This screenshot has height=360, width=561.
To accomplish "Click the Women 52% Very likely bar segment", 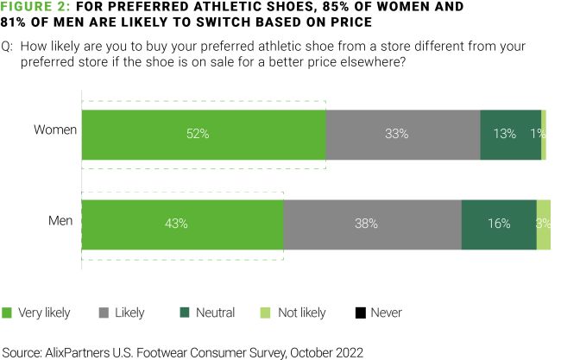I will click(204, 134).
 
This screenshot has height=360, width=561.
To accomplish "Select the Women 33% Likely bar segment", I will click(402, 134).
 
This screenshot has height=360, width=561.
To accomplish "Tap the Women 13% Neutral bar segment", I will click(509, 134).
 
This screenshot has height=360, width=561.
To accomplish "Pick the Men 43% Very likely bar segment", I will click(182, 224).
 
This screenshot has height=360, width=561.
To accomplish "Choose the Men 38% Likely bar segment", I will click(372, 224).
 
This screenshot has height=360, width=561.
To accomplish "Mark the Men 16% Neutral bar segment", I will click(499, 224).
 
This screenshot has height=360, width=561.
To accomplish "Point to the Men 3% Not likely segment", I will click(544, 224).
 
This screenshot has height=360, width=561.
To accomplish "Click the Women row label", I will click(55, 130).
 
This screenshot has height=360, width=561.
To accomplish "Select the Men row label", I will click(60, 220).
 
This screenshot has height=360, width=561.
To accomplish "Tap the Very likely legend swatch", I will click(8, 313).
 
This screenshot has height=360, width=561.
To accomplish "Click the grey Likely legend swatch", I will click(106, 313).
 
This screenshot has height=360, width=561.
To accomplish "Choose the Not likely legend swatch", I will click(264, 313).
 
